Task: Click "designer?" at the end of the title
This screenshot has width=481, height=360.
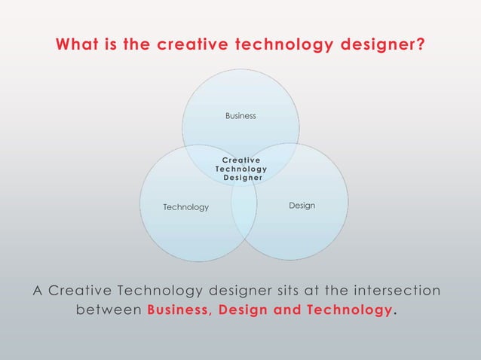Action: pyautogui.click(x=383, y=46)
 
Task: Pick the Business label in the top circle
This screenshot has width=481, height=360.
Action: pyautogui.click(x=240, y=116)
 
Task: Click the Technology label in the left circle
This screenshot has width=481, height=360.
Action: pyautogui.click(x=186, y=207)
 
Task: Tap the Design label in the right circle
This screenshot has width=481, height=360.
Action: pyautogui.click(x=302, y=206)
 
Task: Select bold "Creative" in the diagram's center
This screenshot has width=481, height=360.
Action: pyautogui.click(x=241, y=160)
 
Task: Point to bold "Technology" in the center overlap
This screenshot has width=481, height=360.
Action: pyautogui.click(x=241, y=169)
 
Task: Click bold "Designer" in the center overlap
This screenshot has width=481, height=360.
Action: pyautogui.click(x=242, y=178)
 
